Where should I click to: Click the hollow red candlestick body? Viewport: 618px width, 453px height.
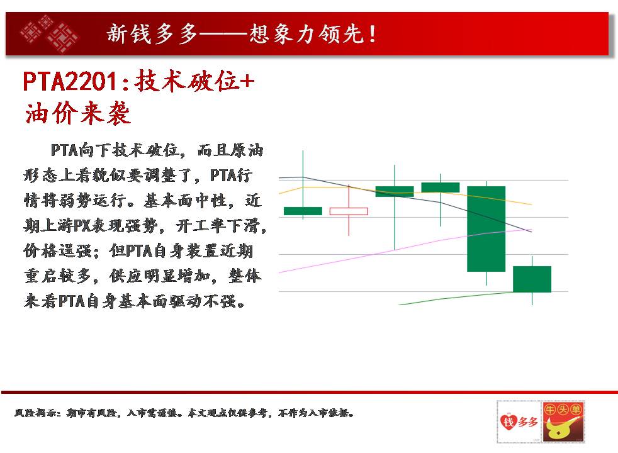coord(349,211)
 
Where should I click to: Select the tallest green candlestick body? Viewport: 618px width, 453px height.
coord(486,229)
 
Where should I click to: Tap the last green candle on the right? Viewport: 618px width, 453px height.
coord(532,279)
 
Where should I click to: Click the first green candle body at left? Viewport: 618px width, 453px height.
coord(303,211)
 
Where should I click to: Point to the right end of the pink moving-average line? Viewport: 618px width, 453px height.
coord(532,230)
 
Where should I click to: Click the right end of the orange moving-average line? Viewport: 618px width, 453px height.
coord(532,204)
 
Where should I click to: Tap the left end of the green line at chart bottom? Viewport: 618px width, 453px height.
coord(399,305)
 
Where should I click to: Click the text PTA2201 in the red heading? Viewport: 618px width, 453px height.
coord(70,82)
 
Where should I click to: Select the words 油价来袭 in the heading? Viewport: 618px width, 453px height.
coord(77,113)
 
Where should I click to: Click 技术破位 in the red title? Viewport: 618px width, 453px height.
coord(186,81)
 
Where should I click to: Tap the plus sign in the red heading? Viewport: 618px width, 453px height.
coord(247,82)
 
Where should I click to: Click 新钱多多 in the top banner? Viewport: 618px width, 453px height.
coord(152,33)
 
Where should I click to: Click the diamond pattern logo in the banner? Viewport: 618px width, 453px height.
coord(49,34)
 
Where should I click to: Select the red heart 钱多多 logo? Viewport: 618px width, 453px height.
coord(519,422)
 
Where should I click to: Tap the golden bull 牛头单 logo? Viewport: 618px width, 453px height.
coord(563,422)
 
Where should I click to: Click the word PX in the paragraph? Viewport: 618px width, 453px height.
coord(82,226)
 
